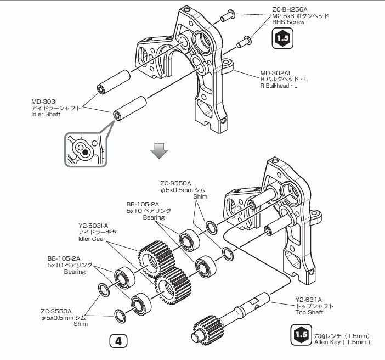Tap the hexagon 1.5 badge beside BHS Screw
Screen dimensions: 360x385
point(282,38)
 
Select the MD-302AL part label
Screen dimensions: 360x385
point(275,72)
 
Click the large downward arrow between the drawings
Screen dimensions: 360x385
point(159,150)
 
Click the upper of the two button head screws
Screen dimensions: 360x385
point(227,16)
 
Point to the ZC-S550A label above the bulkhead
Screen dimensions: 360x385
point(175,183)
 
